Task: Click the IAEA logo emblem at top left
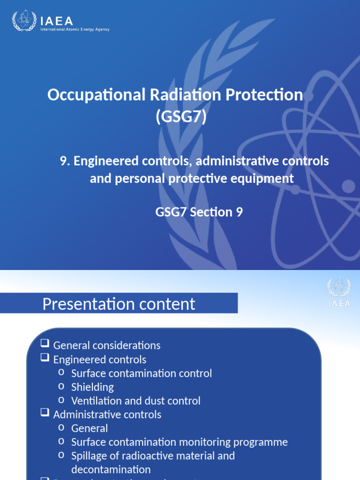pyautogui.click(x=23, y=22)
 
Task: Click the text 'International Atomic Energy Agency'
pyautogui.click(x=75, y=30)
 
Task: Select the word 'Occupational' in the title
pyautogui.click(x=82, y=95)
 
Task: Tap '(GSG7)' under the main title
pyautogui.click(x=180, y=117)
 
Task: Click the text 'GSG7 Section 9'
pyautogui.click(x=199, y=212)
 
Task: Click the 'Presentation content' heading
pyautogui.click(x=119, y=304)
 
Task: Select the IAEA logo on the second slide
pyautogui.click(x=338, y=292)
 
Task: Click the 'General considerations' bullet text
pyautogui.click(x=107, y=346)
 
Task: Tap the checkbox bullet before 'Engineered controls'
pyautogui.click(x=45, y=359)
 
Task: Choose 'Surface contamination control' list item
pyautogui.click(x=142, y=374)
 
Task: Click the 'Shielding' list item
pyautogui.click(x=92, y=387)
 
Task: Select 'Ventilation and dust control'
pyautogui.click(x=135, y=401)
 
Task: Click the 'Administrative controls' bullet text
pyautogui.click(x=107, y=415)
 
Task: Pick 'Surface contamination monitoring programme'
pyautogui.click(x=179, y=442)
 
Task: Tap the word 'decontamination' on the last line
pyautogui.click(x=111, y=469)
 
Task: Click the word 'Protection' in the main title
pyautogui.click(x=265, y=95)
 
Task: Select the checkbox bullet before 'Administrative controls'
pyautogui.click(x=45, y=414)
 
